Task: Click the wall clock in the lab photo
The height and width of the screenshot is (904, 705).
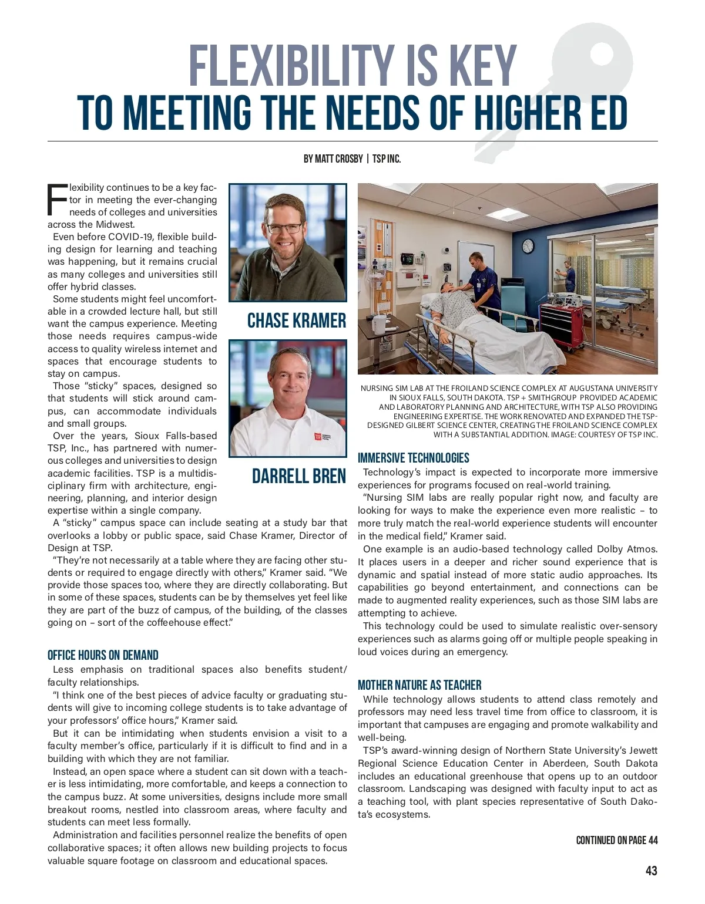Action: tap(528, 246)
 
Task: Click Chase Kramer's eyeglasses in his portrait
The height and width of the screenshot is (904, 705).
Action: tap(284, 227)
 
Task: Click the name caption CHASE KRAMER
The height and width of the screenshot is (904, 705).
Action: tap(296, 321)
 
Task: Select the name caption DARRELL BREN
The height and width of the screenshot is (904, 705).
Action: tap(298, 475)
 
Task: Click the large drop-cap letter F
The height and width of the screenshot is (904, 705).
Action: tap(57, 200)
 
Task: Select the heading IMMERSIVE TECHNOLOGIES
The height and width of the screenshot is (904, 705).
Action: tap(413, 458)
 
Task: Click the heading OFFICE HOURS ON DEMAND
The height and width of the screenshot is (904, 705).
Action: tap(103, 655)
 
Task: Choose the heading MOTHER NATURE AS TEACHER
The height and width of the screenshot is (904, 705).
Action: tap(419, 685)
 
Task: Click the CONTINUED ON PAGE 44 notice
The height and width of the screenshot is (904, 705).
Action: tap(616, 841)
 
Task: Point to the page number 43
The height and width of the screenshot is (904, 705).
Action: tap(651, 871)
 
